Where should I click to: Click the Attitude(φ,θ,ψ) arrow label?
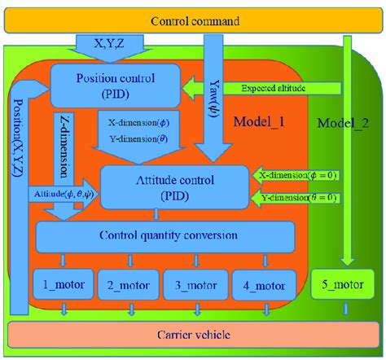point(66,195)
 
